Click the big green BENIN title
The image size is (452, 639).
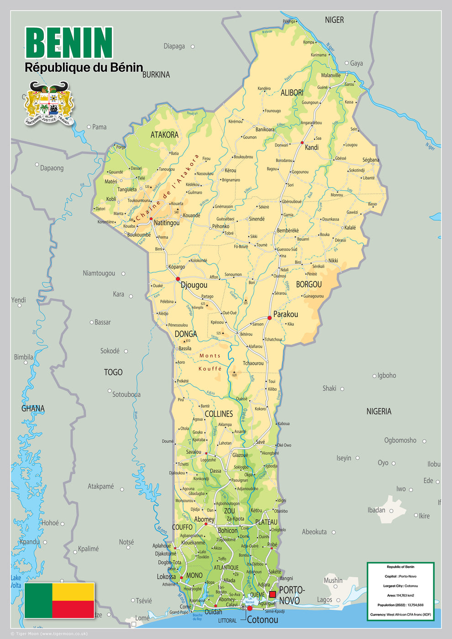[x=69, y=42]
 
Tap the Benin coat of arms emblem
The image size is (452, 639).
[x=49, y=103]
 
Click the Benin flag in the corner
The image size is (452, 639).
[x=59, y=600]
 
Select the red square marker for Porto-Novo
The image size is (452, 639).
[x=273, y=594]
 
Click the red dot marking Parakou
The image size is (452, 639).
[x=269, y=318]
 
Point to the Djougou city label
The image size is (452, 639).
[x=194, y=285]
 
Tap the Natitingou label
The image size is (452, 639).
[x=167, y=223]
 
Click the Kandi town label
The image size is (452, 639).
[x=312, y=147]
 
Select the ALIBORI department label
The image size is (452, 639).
[x=292, y=93]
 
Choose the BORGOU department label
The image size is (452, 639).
[x=309, y=284]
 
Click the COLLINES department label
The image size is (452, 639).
[x=219, y=414]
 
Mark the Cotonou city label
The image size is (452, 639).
[x=263, y=620]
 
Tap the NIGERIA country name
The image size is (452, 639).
[x=379, y=411]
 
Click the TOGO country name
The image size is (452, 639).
[x=113, y=372]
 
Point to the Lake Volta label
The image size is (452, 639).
[x=16, y=581]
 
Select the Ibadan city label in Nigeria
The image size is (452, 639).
[x=376, y=510]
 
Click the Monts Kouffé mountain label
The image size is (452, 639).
[x=210, y=362]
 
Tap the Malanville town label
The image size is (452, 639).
[x=331, y=75]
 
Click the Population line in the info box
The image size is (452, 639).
[x=400, y=605]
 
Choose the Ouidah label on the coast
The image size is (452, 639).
[x=213, y=612]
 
